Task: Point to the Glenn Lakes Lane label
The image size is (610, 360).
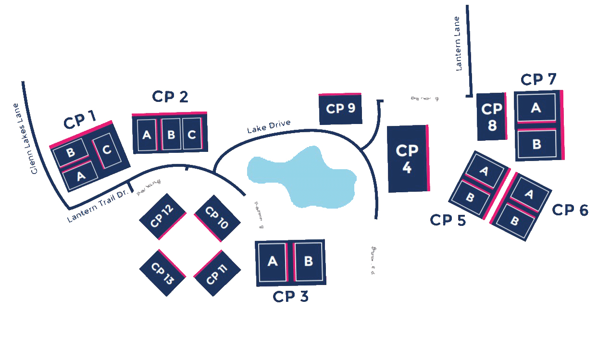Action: click(25, 138)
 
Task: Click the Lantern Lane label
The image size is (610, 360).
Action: click(458, 44)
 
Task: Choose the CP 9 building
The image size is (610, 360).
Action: click(340, 109)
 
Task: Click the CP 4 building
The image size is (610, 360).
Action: click(407, 159)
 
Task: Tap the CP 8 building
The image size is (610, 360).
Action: click(491, 117)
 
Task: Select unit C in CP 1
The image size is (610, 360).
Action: click(107, 150)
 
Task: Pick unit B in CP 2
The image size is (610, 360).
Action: click(171, 135)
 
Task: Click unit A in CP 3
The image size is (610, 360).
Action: click(273, 262)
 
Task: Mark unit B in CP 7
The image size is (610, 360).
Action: click(536, 144)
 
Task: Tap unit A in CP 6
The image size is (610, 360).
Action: click(529, 194)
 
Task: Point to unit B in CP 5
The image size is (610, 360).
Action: click(470, 197)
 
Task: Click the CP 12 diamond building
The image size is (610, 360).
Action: click(162, 217)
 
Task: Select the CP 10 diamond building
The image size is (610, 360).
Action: click(217, 218)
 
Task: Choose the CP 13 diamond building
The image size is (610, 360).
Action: click(162, 273)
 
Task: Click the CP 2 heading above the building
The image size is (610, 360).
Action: click(170, 97)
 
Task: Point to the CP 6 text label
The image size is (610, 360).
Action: click(570, 210)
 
